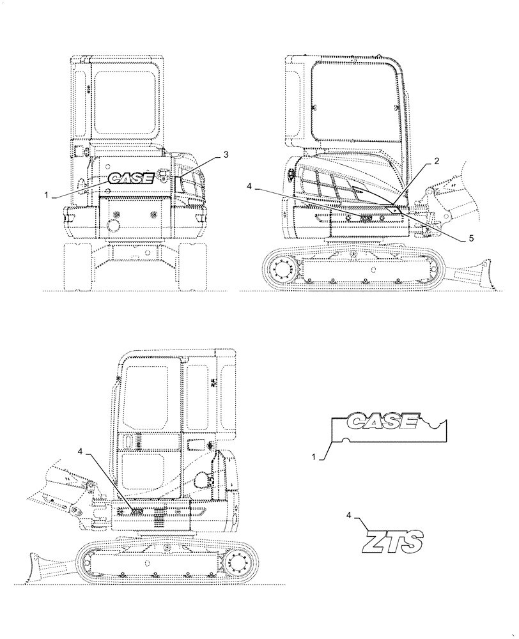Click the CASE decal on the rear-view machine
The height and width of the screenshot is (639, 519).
click(130, 178)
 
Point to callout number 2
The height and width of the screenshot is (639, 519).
click(436, 162)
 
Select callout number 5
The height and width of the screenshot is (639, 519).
click(471, 238)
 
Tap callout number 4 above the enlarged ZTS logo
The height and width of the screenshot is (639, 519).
click(348, 514)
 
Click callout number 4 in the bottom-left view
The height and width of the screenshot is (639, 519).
click(80, 452)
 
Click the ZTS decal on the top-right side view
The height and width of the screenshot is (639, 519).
click(366, 218)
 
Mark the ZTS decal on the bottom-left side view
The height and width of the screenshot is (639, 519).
click(137, 511)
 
